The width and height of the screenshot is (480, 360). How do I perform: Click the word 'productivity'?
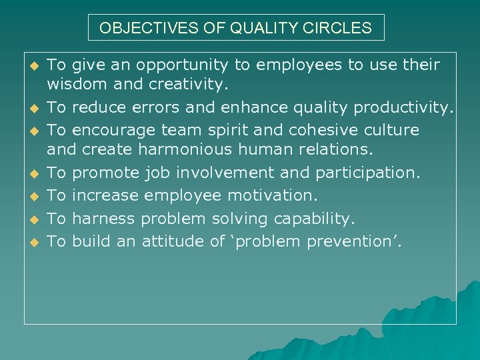point(403,107)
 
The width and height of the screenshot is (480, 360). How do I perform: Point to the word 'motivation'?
point(271,195)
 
